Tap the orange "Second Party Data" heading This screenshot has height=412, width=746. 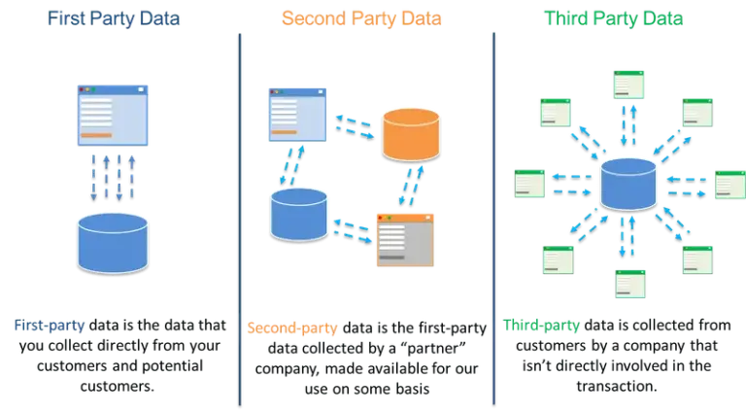361,18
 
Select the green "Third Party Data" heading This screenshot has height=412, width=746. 613,18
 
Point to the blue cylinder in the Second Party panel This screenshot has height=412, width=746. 298,214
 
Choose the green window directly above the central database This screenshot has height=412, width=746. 627,85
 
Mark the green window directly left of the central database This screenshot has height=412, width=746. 528,183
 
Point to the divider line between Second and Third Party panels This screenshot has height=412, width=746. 493,214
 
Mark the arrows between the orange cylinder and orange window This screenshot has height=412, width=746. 412,185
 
